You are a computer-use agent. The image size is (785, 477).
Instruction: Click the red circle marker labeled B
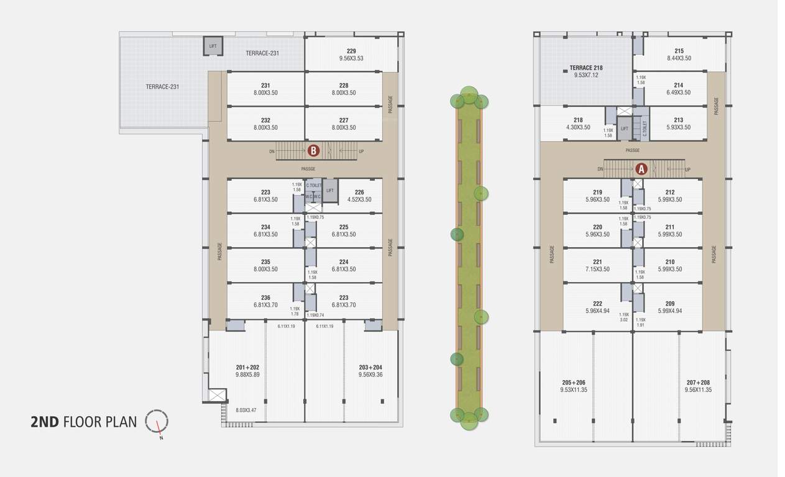pos(314,150)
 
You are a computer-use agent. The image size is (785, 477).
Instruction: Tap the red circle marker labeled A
pos(641,168)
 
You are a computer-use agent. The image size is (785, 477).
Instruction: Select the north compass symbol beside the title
pos(157,422)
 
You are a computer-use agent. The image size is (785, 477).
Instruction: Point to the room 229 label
pos(351,51)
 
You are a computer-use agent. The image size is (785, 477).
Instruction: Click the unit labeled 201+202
pos(247,367)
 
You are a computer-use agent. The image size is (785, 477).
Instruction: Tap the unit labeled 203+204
pos(370,367)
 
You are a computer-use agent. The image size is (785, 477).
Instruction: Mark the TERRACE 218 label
pos(586,68)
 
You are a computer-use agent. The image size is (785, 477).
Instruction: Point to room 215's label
pos(679,51)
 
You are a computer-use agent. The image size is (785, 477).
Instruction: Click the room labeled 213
pos(678,120)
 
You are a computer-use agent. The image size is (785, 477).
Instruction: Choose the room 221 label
pos(597,261)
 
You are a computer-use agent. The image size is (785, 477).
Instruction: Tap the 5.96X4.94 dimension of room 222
pos(597,311)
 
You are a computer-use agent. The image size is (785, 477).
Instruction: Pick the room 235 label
pos(265,261)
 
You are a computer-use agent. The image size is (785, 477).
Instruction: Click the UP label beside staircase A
pos(687,170)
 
